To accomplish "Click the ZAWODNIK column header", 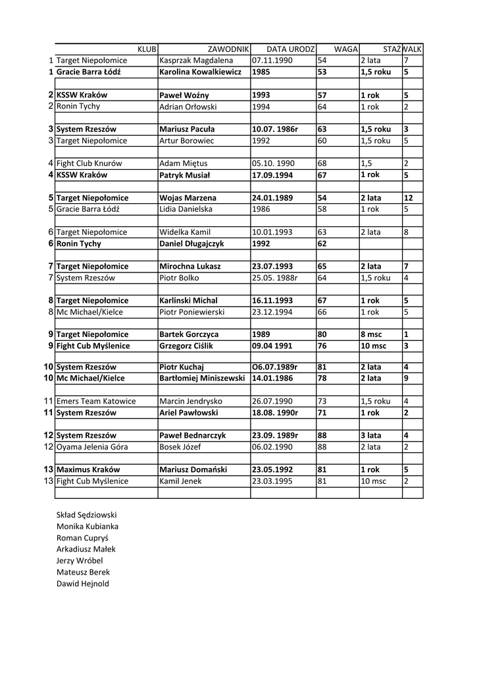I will (x=228, y=49).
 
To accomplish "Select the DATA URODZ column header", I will (x=291, y=49).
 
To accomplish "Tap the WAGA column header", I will (x=345, y=49).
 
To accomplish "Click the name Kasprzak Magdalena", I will (x=196, y=61).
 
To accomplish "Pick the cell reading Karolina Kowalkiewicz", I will (x=201, y=72).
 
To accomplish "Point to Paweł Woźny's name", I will (x=184, y=95).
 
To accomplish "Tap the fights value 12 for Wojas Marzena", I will (x=408, y=198).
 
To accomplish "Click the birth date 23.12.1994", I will (x=272, y=312).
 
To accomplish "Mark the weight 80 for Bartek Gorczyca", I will (x=322, y=335).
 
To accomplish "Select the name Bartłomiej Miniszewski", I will (x=203, y=379).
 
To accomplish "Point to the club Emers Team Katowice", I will (x=96, y=402).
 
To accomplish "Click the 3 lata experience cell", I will (x=371, y=436).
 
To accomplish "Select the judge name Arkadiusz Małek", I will (x=86, y=549).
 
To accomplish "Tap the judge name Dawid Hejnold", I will (x=83, y=583).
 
